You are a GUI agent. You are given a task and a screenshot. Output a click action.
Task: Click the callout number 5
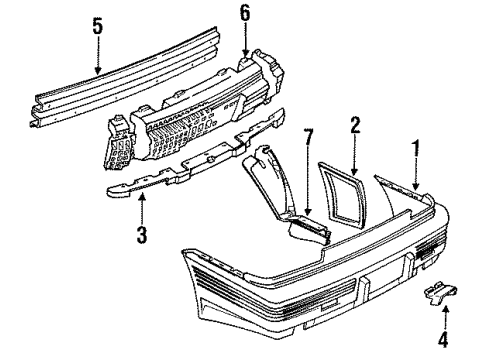click(98, 27)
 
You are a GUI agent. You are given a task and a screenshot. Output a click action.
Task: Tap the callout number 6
click(245, 13)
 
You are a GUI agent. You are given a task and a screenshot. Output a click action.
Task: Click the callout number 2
click(354, 125)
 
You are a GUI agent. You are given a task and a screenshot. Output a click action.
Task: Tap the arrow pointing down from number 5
click(98, 55)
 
